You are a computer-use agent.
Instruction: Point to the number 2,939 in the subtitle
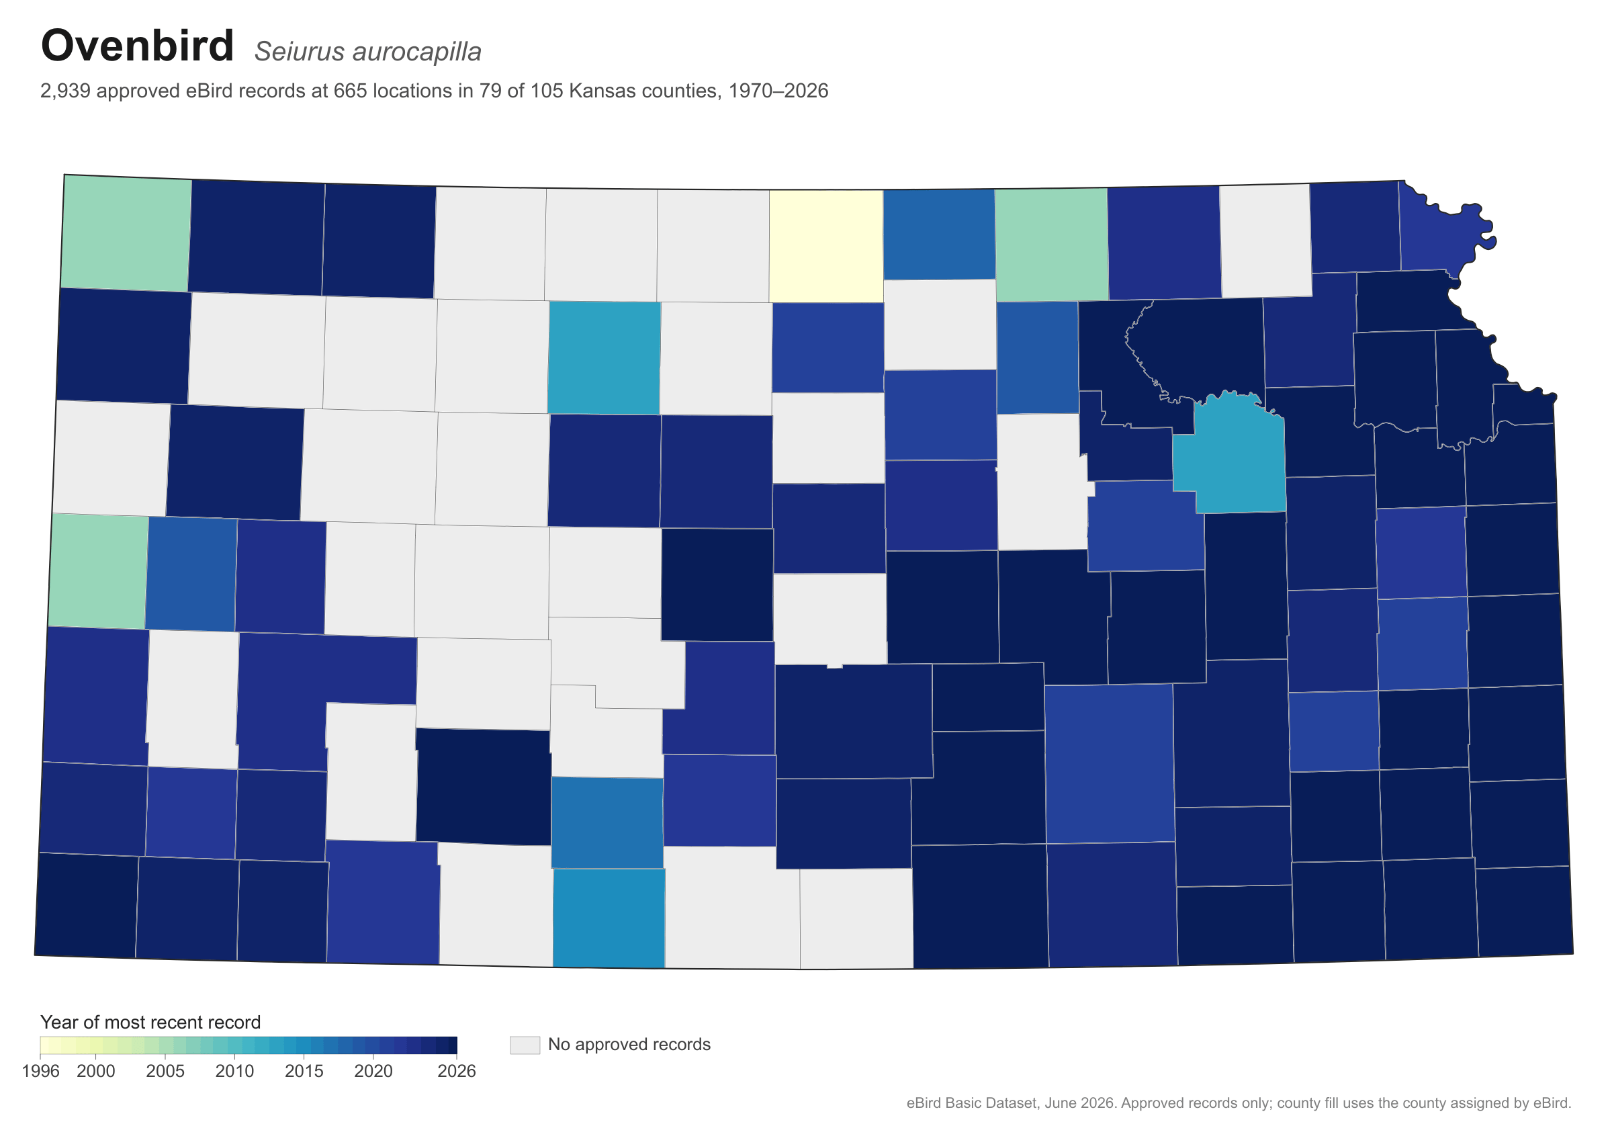pos(65,91)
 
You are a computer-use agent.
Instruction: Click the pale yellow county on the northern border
pos(826,246)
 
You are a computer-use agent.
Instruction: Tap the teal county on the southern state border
pos(609,918)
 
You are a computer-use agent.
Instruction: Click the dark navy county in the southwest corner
pos(87,905)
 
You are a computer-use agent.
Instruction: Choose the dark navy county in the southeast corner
pos(1524,912)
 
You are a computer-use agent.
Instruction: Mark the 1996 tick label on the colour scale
pos(41,1072)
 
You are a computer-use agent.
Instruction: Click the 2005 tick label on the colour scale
pos(165,1072)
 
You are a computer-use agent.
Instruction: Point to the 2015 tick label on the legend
pos(304,1072)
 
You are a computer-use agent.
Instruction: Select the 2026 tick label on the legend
pos(456,1072)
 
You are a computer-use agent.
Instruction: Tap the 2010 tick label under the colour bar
pos(234,1072)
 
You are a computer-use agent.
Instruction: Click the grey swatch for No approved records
pos(525,1045)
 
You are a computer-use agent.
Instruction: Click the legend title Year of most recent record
pos(150,1022)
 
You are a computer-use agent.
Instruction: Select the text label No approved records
pos(629,1045)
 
